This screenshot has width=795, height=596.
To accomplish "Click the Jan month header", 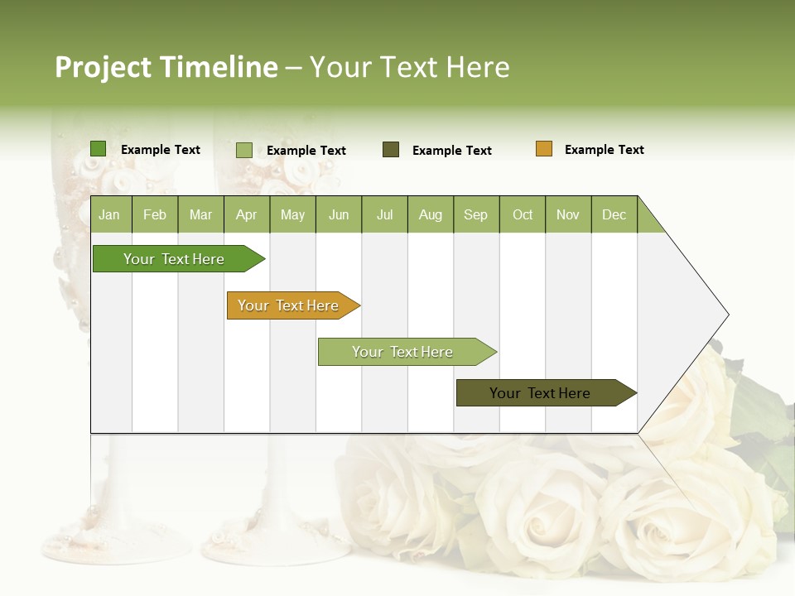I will coord(110,214).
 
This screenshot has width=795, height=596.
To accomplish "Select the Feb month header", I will coord(155,214).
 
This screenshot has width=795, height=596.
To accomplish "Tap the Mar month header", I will coord(200,214).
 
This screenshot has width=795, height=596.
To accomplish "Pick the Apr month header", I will coord(246,214).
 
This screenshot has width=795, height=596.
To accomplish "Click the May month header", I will coord(292,214).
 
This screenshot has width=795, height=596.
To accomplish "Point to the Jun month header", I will coord(339,214).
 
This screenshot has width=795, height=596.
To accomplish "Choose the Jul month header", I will coord(384,214).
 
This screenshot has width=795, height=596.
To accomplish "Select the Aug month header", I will coord(430,214).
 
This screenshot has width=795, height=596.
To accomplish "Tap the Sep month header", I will coord(475,214).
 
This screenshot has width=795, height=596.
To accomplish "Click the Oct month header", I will coord(523,214).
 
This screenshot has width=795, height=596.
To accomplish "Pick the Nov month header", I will coord(568,214).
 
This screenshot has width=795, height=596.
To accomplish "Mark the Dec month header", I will coord(614,214).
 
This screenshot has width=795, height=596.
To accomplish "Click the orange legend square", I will coord(544,149).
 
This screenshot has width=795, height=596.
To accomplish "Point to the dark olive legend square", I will coord(391,150).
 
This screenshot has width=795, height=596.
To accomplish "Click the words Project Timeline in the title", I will coord(166,67).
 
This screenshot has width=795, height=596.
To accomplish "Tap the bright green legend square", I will coord(99,149).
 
